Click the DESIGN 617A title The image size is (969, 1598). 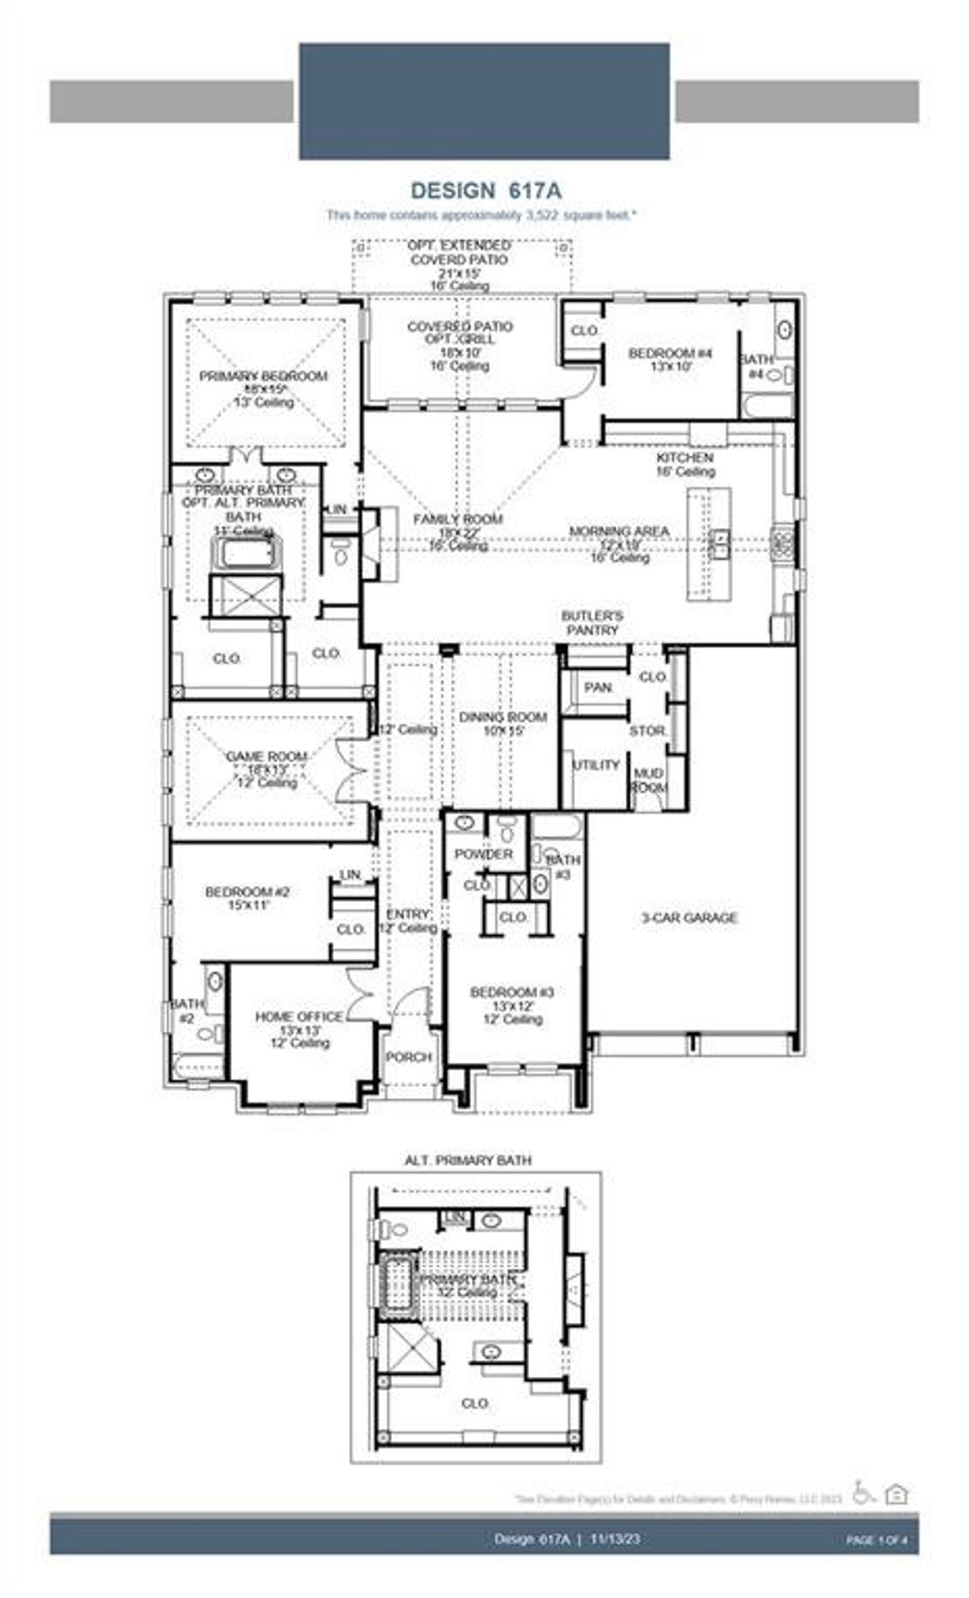485,189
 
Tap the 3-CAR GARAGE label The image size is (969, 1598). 689,918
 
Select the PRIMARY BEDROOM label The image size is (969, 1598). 263,376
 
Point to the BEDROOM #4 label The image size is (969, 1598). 671,353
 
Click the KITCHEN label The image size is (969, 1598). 684,457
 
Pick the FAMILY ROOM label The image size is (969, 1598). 457,520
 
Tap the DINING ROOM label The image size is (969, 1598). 503,717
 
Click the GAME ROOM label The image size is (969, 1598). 266,757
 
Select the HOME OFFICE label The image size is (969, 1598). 299,1016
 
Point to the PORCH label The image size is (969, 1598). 409,1056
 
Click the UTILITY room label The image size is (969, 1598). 596,765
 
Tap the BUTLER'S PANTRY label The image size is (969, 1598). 592,623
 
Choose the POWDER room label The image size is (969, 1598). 484,854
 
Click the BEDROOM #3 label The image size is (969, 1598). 513,992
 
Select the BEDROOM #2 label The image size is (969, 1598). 247,892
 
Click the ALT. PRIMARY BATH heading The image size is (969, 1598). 468,1160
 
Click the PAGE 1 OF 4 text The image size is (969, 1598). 876,1540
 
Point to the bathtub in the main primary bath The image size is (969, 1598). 247,554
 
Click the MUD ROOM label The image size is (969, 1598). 649,780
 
